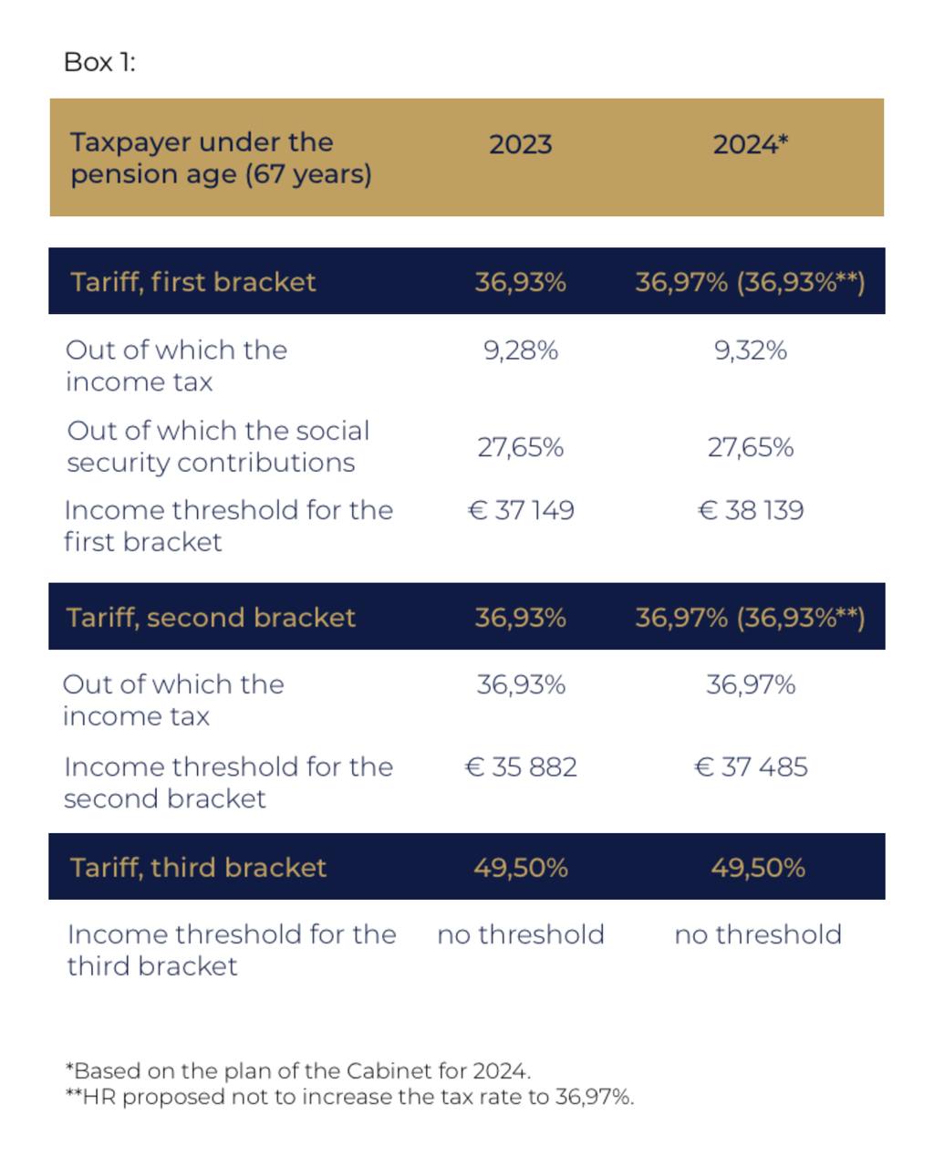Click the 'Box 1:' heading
click(x=99, y=62)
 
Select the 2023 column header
click(x=520, y=144)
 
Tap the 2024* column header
click(x=750, y=144)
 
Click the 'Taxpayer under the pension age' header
click(x=221, y=158)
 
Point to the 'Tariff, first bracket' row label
click(x=192, y=281)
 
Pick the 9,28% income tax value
click(x=520, y=350)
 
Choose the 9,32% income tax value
click(x=750, y=350)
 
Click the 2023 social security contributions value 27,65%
click(x=520, y=447)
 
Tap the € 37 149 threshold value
click(x=520, y=510)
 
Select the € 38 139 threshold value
click(x=750, y=510)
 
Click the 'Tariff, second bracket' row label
click(x=211, y=618)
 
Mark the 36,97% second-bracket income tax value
click(x=750, y=684)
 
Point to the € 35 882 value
click(x=520, y=766)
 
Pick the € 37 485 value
click(x=750, y=766)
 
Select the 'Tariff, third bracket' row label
click(x=198, y=867)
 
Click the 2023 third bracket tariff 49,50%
click(x=520, y=867)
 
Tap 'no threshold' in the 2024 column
click(x=757, y=934)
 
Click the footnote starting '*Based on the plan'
click(x=297, y=1070)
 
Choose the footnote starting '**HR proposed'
click(x=349, y=1097)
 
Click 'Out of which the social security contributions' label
click(x=218, y=446)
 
